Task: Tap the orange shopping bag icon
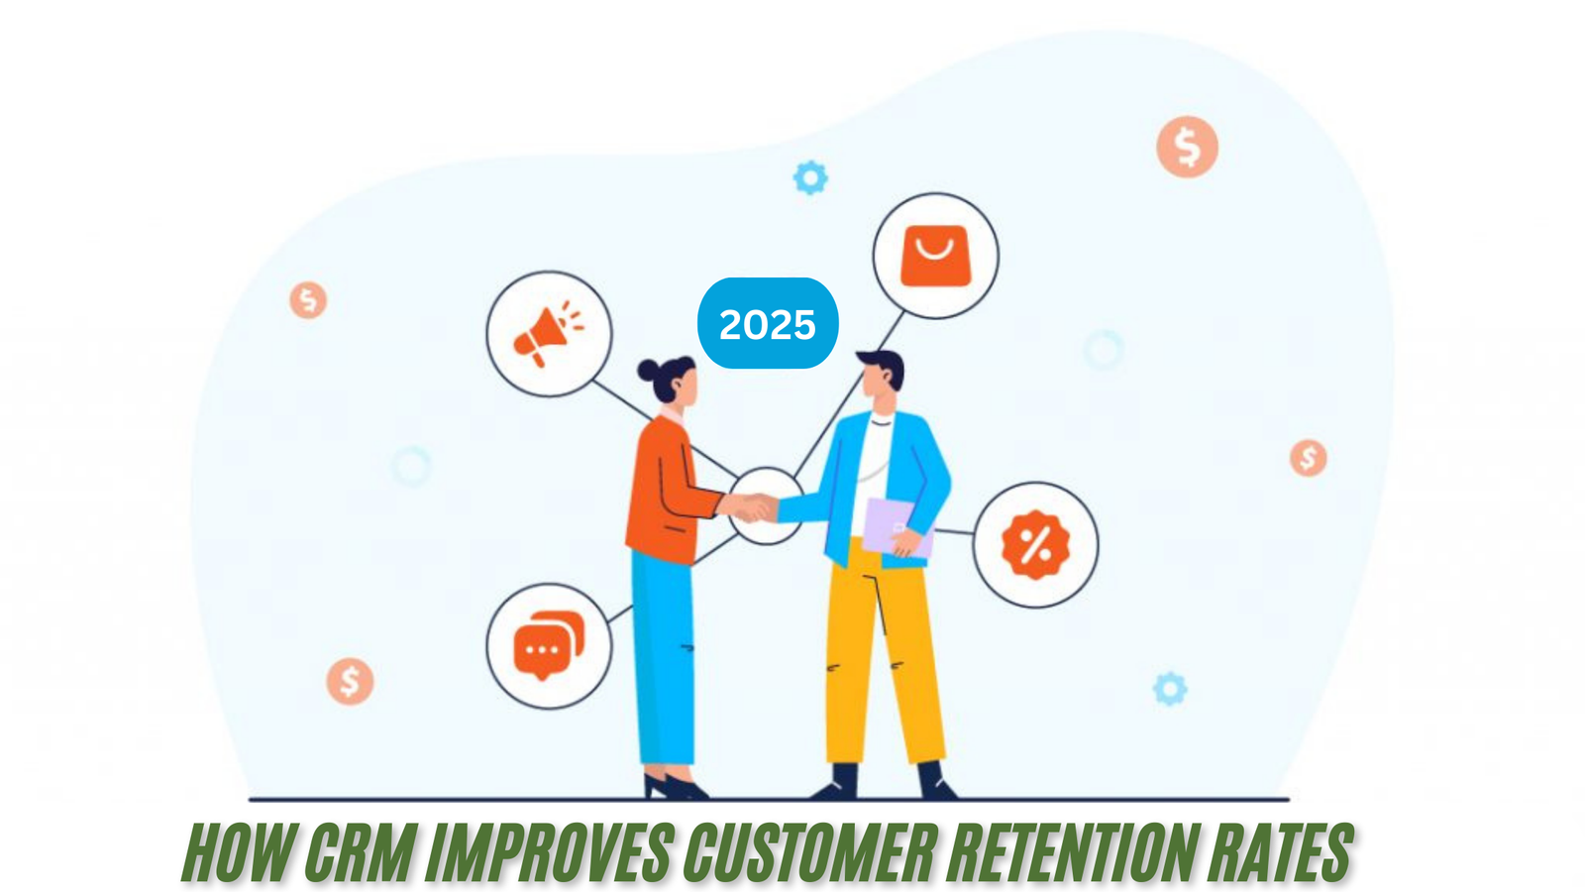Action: pyautogui.click(x=935, y=256)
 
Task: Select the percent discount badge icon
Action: pyautogui.click(x=1035, y=544)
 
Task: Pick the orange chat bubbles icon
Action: pyautogui.click(x=548, y=645)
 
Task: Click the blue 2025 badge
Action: pyautogui.click(x=768, y=323)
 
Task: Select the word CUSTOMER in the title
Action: pyautogui.click(x=811, y=851)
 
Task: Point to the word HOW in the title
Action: pyautogui.click(x=238, y=851)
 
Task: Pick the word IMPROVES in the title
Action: pyautogui.click(x=550, y=851)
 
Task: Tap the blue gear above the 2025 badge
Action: pyautogui.click(x=810, y=177)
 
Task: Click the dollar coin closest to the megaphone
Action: pyautogui.click(x=308, y=299)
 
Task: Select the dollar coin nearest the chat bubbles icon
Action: pyautogui.click(x=350, y=681)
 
